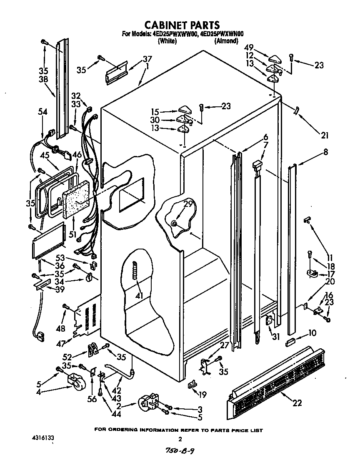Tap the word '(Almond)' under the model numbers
click(226, 41)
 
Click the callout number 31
click(275, 337)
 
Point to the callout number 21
click(325, 135)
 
